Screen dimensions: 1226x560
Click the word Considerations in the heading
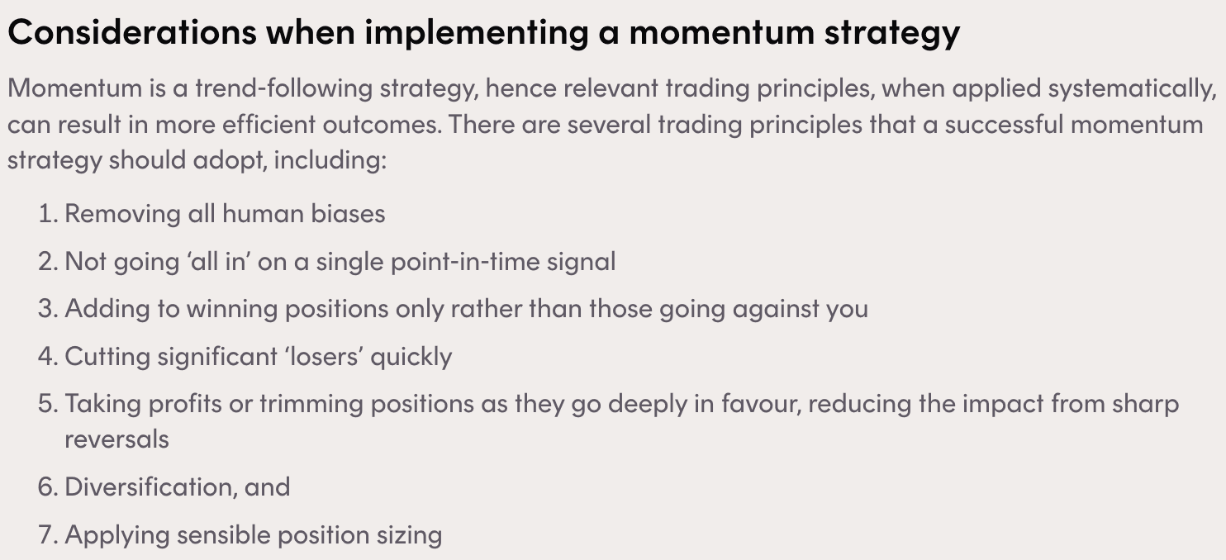click(132, 31)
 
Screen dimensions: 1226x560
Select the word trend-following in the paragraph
click(284, 88)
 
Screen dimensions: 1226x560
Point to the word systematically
click(1133, 88)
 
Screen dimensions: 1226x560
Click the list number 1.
click(48, 213)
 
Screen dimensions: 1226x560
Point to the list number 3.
click(48, 309)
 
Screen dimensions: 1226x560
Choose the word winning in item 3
click(232, 310)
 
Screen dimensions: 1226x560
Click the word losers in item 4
click(323, 356)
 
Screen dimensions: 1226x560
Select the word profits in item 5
click(185, 405)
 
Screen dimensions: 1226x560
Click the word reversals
click(117, 439)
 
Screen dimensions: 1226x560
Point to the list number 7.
click(48, 535)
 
